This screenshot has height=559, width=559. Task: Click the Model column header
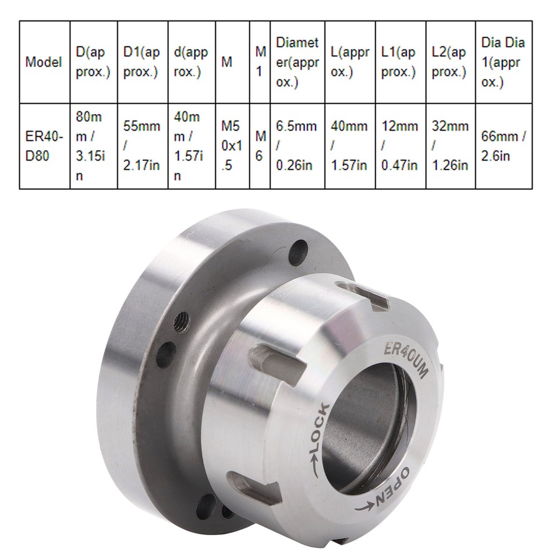click(x=44, y=62)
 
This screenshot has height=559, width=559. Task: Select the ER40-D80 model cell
click(x=44, y=146)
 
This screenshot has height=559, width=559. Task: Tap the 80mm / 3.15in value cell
click(x=93, y=146)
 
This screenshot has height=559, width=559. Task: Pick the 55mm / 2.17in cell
click(x=142, y=146)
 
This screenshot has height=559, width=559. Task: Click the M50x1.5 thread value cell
click(x=232, y=146)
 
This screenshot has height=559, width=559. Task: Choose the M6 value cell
click(x=260, y=146)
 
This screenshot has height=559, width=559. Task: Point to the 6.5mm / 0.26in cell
click(x=297, y=146)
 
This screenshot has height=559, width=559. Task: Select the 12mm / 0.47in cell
click(x=399, y=146)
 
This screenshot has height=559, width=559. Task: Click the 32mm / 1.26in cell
click(x=450, y=146)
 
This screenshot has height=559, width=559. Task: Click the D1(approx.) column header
click(x=142, y=62)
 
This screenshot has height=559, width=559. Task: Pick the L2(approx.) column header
click(x=450, y=62)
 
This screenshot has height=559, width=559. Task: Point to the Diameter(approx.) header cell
click(x=297, y=62)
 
